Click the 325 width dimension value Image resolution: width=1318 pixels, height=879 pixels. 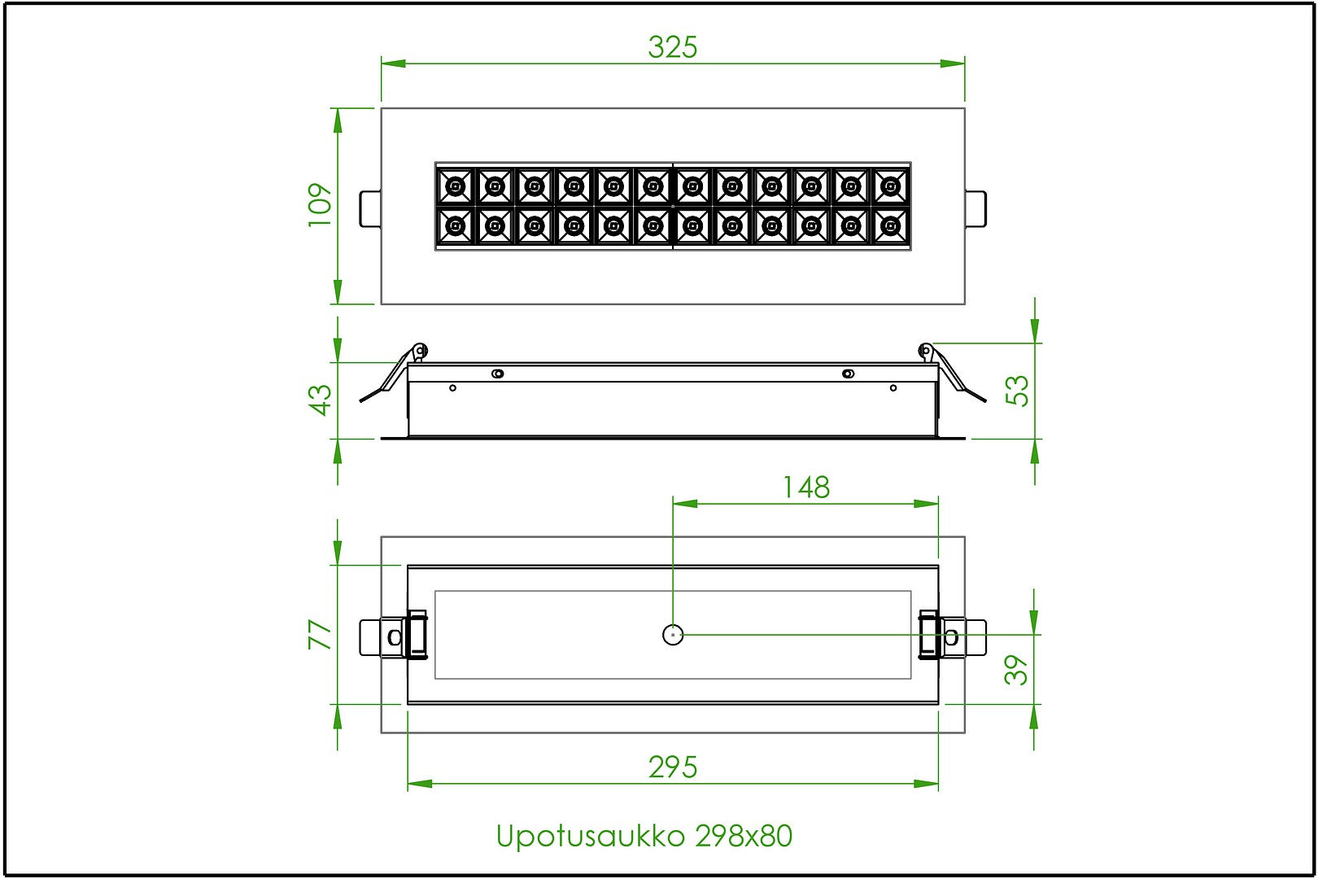click(673, 47)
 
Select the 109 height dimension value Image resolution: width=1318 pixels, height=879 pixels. click(321, 205)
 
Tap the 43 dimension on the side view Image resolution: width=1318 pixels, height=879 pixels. click(321, 400)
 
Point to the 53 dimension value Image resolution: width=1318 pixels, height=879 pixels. click(1017, 391)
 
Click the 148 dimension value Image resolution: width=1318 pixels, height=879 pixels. click(806, 488)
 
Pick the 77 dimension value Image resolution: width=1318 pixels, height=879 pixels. click(321, 634)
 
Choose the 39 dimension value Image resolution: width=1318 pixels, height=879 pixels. click(1016, 670)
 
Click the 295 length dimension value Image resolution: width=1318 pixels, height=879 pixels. click(673, 767)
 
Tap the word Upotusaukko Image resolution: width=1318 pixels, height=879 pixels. click(591, 837)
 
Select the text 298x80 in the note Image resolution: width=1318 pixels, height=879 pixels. click(744, 836)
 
